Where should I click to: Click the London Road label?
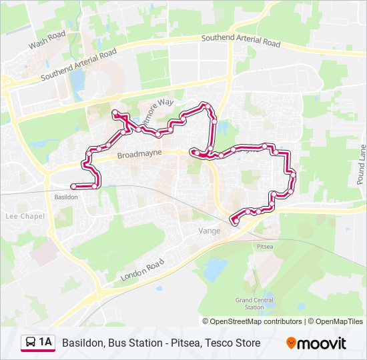pos(142,269)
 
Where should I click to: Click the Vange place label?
pos(208,230)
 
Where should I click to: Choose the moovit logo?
pos(316,343)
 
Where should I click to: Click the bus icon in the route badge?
pos(31,343)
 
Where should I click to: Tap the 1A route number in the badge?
pos(45,343)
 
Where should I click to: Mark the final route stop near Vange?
pos(234,222)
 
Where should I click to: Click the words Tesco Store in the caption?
pos(233,343)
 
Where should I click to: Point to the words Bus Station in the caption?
pos(133,343)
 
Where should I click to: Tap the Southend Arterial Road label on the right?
pos(241,41)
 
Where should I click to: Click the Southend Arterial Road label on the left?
pos(78,65)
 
